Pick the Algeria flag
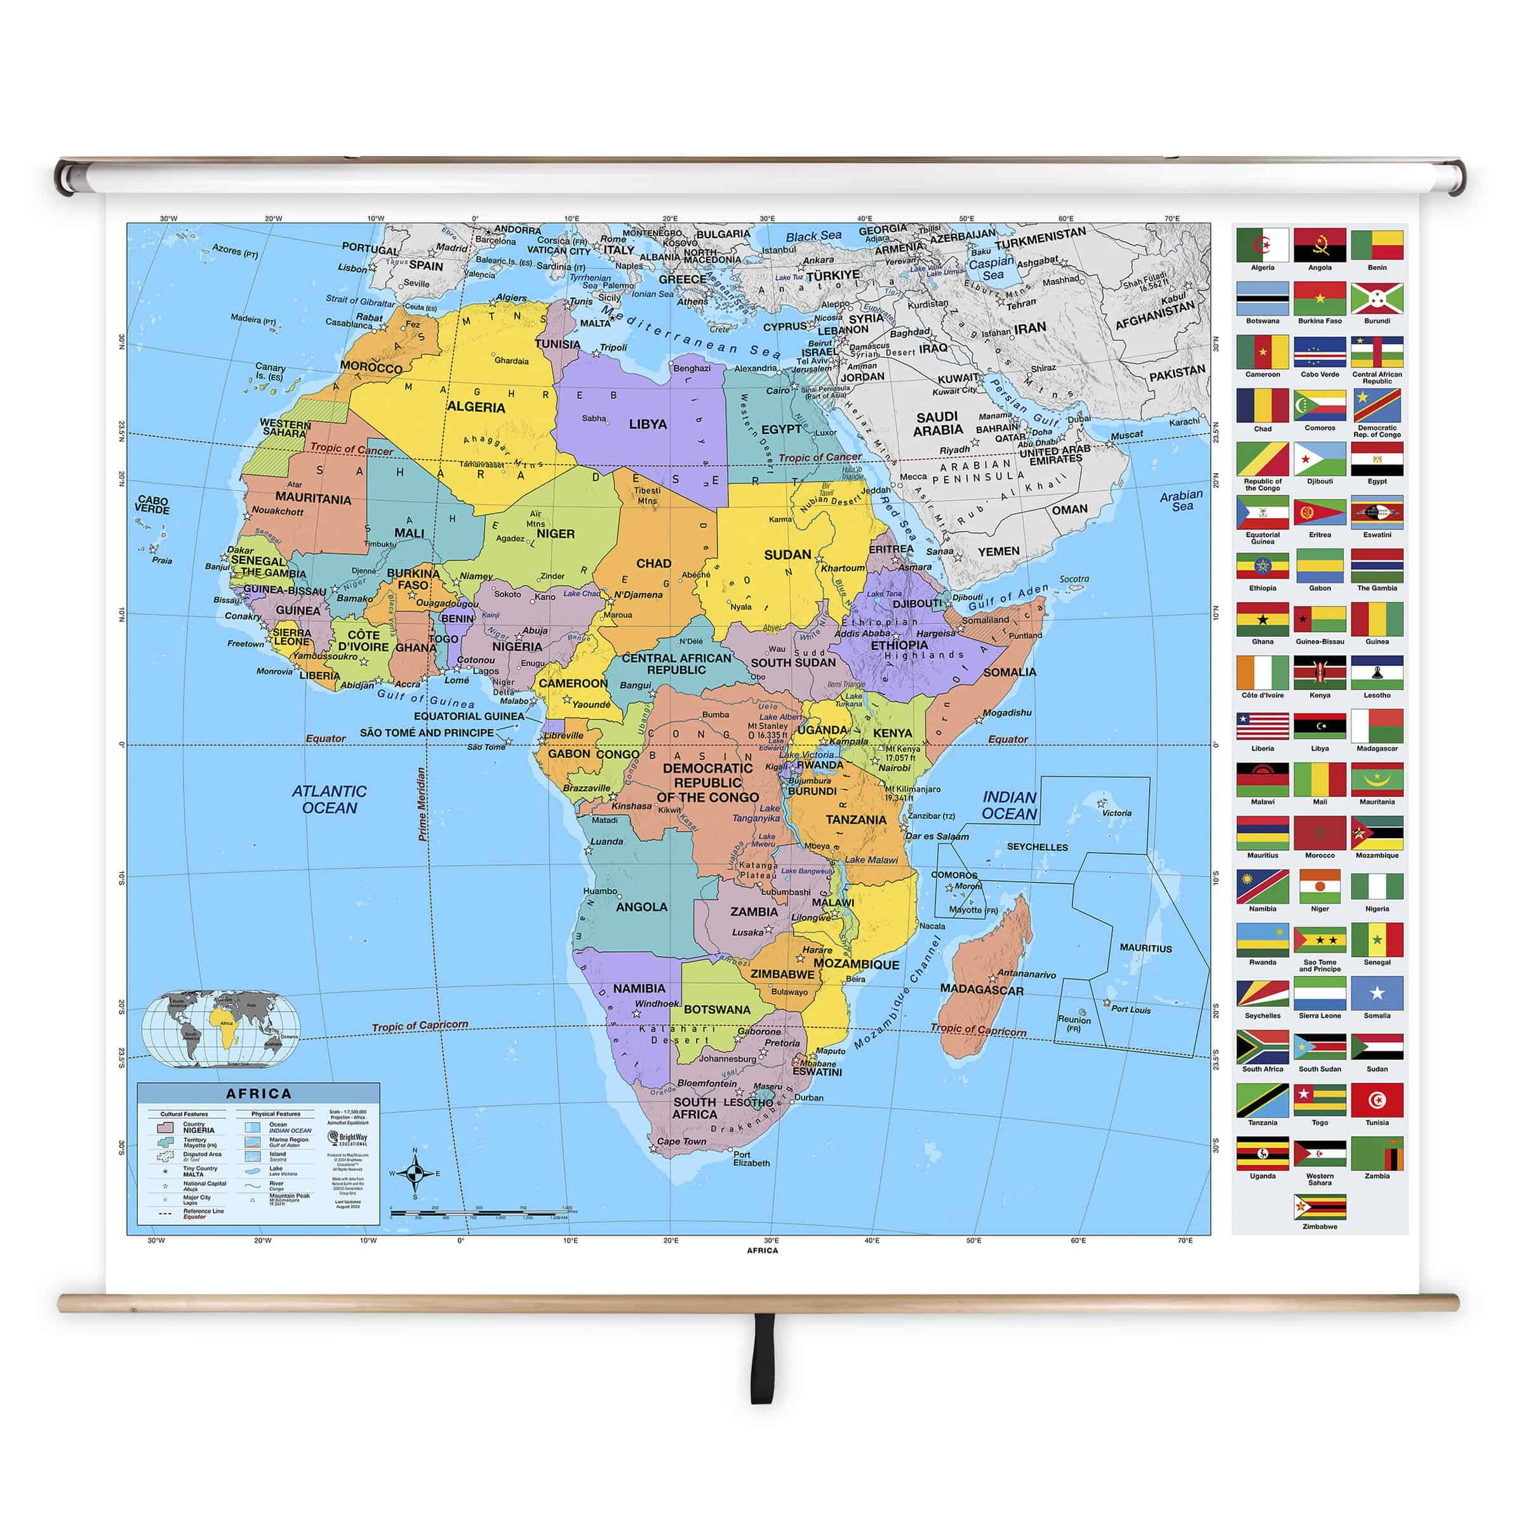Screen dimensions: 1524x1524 pyautogui.click(x=1262, y=245)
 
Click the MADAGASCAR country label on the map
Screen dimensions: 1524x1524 pyautogui.click(x=981, y=990)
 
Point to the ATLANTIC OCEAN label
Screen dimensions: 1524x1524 pyautogui.click(x=329, y=799)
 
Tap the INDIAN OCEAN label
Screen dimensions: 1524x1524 pyautogui.click(x=1009, y=805)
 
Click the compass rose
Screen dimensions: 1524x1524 pyautogui.click(x=415, y=1173)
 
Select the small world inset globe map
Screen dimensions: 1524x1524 pyautogui.click(x=220, y=1029)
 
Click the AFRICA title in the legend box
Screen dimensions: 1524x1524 pyautogui.click(x=258, y=1093)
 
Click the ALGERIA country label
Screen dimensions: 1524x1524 pyautogui.click(x=476, y=407)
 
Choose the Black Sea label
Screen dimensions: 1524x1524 pyautogui.click(x=813, y=236)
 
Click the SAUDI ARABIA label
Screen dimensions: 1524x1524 pyautogui.click(x=938, y=424)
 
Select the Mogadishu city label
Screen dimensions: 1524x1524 pyautogui.click(x=1007, y=713)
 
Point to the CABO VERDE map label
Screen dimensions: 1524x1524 pyautogui.click(x=152, y=505)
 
